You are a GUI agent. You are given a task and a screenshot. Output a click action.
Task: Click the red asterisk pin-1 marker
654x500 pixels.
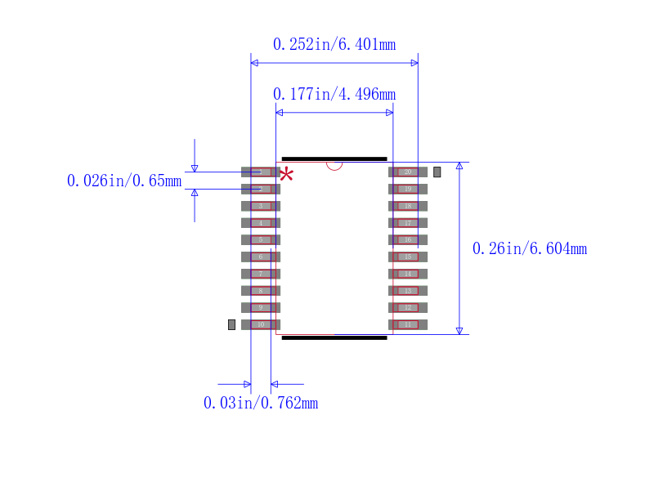tap(286, 174)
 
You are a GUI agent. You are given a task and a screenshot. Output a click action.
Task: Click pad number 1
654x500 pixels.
tap(261, 172)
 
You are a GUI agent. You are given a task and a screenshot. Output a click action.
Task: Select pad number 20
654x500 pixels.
tap(408, 172)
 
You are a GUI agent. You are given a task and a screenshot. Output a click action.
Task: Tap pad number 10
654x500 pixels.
tap(261, 324)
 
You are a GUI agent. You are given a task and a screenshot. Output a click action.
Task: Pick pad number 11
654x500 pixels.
tap(408, 324)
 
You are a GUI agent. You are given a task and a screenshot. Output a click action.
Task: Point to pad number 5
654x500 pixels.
tap(261, 239)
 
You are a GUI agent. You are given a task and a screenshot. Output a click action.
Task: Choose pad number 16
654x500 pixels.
tap(408, 239)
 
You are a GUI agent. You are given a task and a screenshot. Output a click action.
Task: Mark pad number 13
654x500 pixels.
tap(408, 291)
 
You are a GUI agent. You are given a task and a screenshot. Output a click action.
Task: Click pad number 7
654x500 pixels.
tap(261, 274)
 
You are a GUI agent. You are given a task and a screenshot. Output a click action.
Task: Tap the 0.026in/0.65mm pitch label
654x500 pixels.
tap(124, 181)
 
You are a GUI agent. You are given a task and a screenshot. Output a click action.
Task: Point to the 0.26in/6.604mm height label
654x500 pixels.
tap(530, 248)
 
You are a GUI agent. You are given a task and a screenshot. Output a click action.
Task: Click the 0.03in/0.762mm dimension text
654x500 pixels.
tap(260, 403)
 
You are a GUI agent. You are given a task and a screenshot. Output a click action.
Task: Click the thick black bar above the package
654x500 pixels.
tap(334, 158)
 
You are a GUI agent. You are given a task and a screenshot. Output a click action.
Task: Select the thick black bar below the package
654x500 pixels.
tap(334, 337)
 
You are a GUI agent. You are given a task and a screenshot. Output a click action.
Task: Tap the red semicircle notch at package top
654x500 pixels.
tap(334, 165)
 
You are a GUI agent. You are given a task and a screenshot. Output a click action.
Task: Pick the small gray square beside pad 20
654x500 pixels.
tap(437, 172)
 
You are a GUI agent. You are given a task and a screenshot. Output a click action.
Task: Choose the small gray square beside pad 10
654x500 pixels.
tap(231, 324)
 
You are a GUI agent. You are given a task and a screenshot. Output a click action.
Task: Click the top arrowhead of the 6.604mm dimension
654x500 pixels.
tap(459, 166)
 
